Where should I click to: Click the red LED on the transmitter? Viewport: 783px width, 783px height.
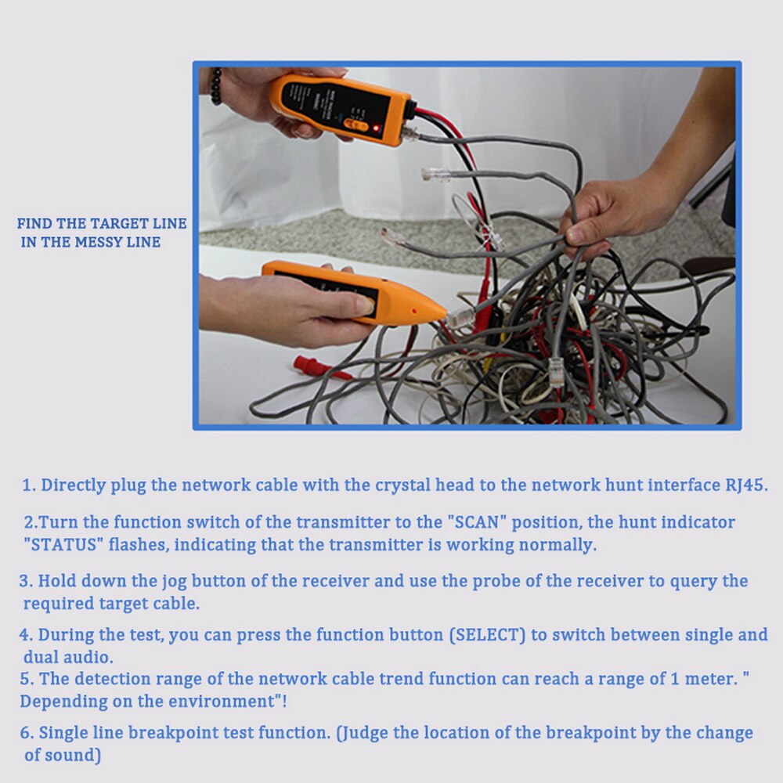click(377, 127)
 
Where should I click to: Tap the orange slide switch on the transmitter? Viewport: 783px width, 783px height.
click(356, 124)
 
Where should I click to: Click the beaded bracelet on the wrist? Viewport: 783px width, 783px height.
click(215, 86)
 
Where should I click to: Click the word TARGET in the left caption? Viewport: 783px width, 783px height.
click(117, 224)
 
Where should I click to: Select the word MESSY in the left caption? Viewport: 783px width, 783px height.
click(103, 243)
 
